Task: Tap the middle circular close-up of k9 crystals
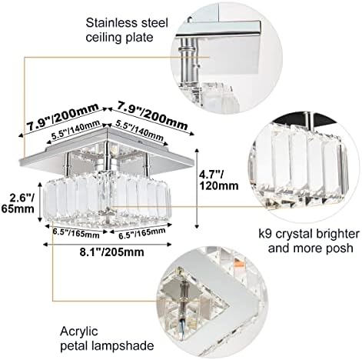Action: pyautogui.click(x=302, y=158)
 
